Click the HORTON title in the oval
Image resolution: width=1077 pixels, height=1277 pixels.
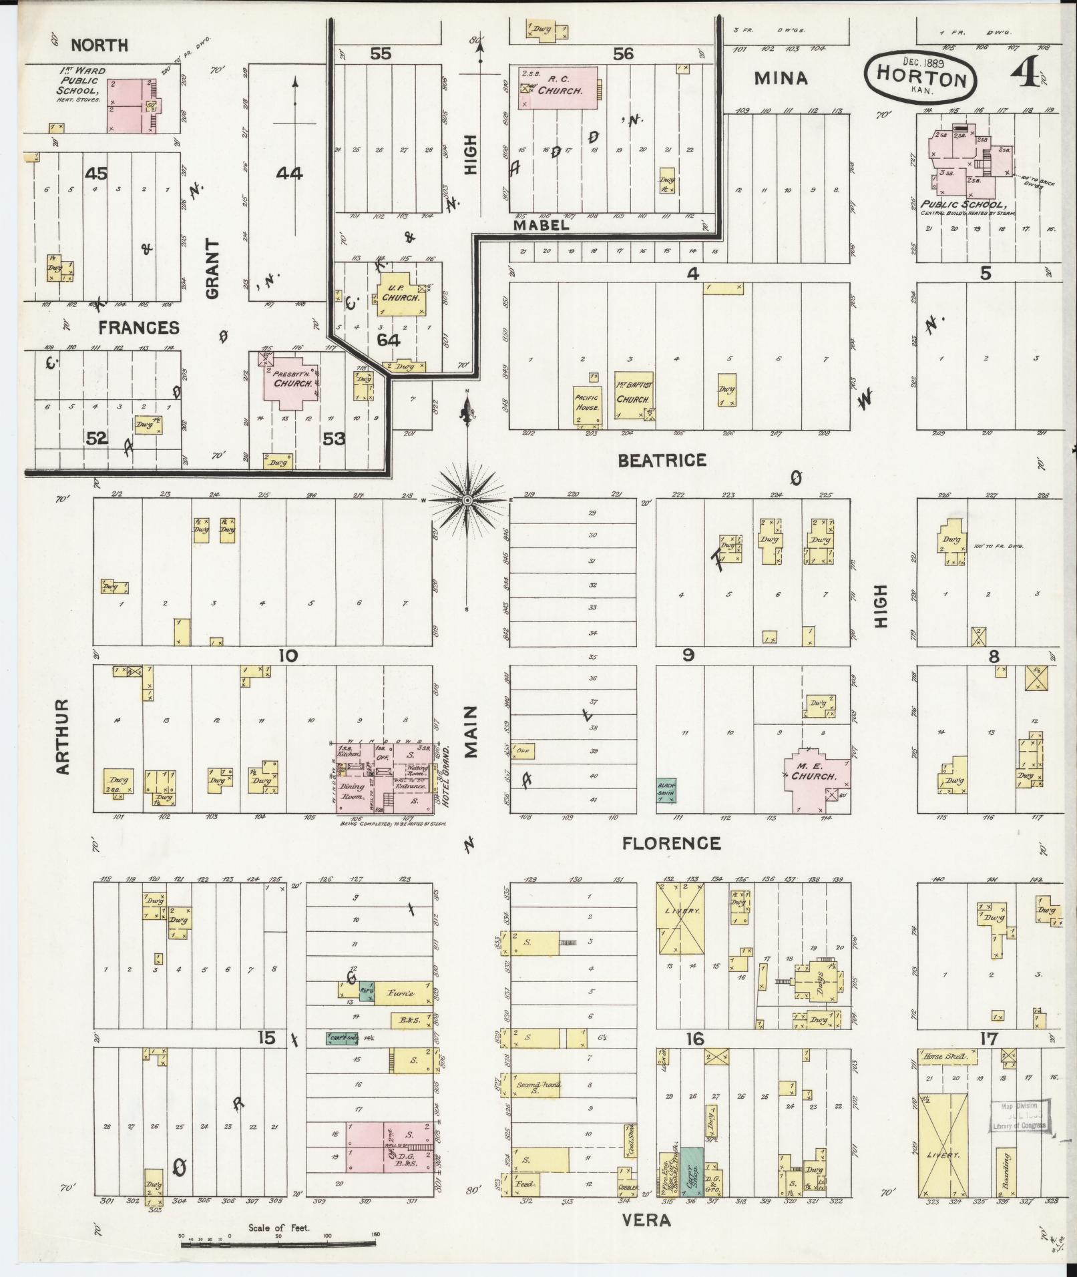coord(921,79)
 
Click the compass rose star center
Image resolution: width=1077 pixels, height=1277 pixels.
coord(467,500)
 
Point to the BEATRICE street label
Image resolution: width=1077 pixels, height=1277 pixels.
coord(662,460)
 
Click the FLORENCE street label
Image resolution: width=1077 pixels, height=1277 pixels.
coord(671,843)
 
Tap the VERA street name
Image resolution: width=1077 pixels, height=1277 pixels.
coord(646,1220)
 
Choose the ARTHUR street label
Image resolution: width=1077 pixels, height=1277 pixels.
coord(63,737)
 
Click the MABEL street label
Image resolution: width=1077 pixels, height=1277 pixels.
coord(541,226)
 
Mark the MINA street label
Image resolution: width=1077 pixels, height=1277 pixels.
coord(781,79)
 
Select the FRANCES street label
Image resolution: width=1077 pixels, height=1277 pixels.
coord(139,327)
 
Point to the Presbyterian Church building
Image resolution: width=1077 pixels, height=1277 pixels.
coord(292,380)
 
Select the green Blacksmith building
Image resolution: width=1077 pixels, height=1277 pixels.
coord(666,790)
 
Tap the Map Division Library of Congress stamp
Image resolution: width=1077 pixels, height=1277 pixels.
coord(1018,1117)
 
